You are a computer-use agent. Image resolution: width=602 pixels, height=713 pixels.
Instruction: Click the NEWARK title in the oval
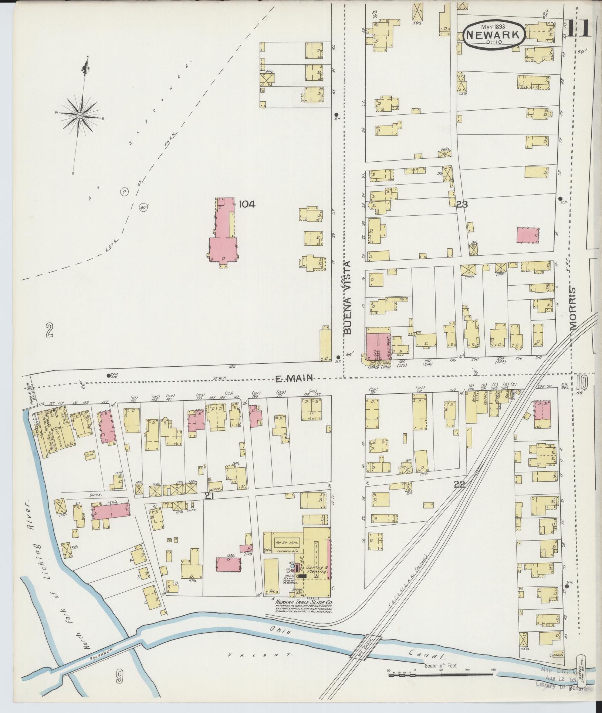pos(494,34)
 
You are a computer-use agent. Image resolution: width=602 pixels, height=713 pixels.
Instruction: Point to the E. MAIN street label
pos(295,378)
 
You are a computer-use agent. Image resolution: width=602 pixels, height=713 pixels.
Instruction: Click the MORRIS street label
pos(573,309)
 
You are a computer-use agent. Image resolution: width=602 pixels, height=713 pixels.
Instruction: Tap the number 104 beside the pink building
pos(247,204)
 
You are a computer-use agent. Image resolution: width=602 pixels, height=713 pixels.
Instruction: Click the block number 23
pos(462,204)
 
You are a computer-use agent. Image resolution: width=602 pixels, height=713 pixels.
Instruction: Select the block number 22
pos(459,484)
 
